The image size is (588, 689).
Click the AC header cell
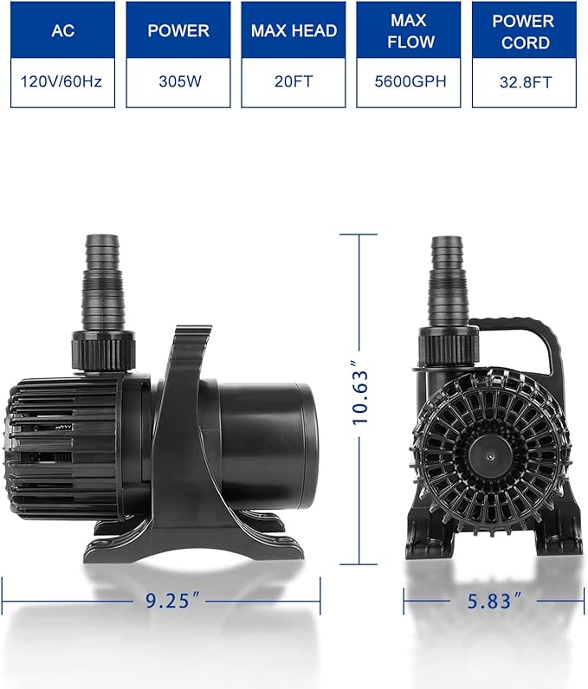[x=62, y=31]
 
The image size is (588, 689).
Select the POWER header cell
[x=178, y=31]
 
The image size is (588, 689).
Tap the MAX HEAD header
[x=293, y=31]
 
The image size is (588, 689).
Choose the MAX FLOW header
[x=408, y=31]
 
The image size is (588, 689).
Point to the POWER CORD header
[x=523, y=31]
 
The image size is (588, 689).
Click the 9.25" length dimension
[x=161, y=598]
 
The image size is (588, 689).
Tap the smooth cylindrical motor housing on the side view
[x=264, y=441]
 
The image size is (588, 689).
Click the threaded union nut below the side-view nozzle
[x=102, y=350]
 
